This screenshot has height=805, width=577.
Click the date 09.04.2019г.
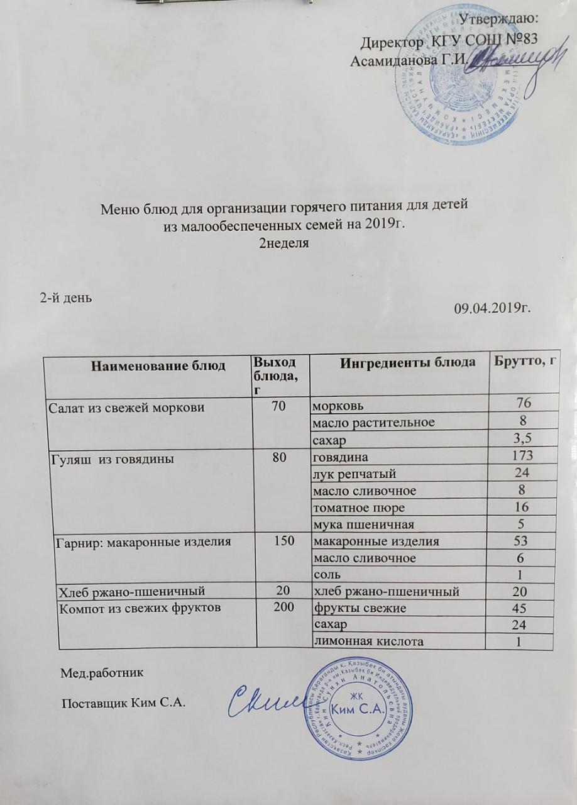pyautogui.click(x=493, y=309)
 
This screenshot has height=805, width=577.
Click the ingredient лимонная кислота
pyautogui.click(x=368, y=641)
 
